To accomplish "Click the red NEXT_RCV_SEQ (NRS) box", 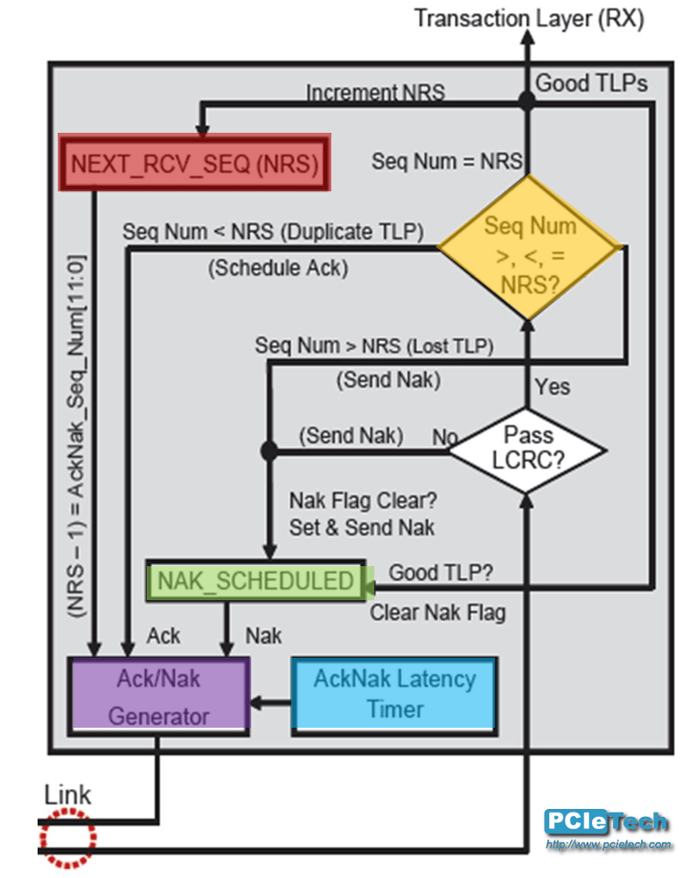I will (x=194, y=162).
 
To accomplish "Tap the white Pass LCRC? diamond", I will (x=528, y=449).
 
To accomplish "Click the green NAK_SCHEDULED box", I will (x=255, y=581).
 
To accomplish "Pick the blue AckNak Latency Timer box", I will (x=394, y=695).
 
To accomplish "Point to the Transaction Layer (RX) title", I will (x=529, y=19).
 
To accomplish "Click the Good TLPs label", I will (x=591, y=83).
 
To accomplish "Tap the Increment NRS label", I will (x=374, y=92).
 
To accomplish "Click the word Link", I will (x=67, y=795).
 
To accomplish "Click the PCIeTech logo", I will (x=606, y=822).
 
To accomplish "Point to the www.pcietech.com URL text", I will (x=609, y=845).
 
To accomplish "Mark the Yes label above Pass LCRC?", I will (x=552, y=385).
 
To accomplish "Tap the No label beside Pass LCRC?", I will (x=444, y=435).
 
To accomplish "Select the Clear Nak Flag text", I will (x=437, y=612).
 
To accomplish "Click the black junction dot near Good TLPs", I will (x=527, y=101).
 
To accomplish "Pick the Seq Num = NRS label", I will (x=447, y=161).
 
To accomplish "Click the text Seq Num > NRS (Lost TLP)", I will (x=374, y=346).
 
